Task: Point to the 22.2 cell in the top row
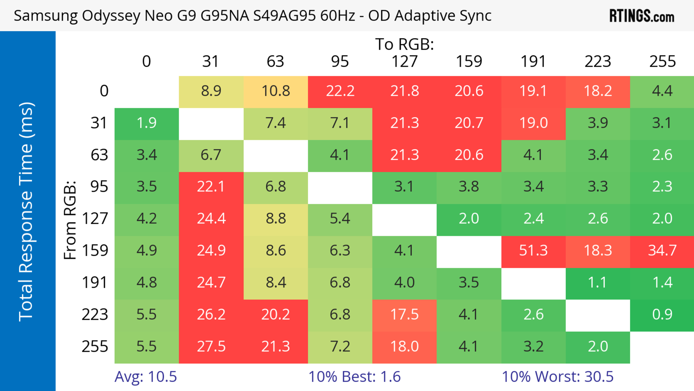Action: coord(340,91)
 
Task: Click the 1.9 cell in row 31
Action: coord(147,123)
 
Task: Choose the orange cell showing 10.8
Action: coord(276,91)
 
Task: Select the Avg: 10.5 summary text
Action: coord(145,377)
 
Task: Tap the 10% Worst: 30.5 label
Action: coord(557,377)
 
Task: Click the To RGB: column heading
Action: coord(404,44)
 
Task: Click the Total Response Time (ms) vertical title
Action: coord(26,212)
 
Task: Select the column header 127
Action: coord(404,62)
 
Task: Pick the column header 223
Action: coord(597,62)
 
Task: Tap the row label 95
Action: coord(99,187)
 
